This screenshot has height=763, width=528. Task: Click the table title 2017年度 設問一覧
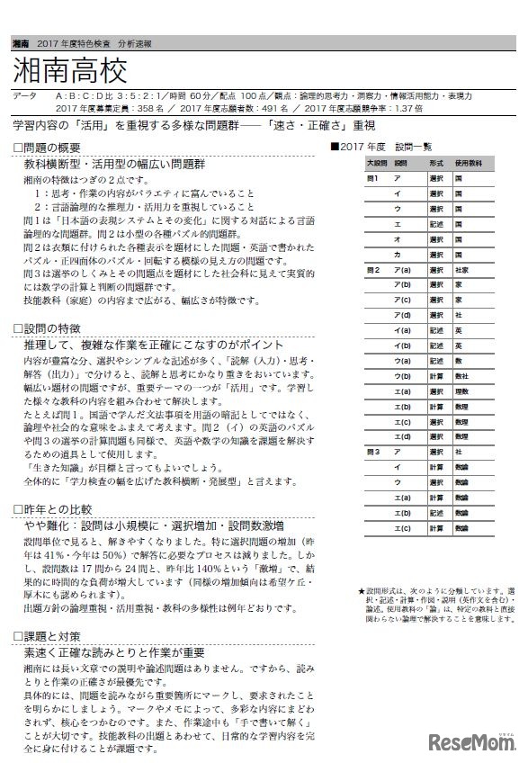coord(387,146)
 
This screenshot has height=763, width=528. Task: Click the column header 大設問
coord(376,164)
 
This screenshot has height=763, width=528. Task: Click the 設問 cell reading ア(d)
coord(402,315)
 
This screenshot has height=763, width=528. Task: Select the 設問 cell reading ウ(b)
coord(402,375)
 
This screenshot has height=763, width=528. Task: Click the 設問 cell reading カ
coord(398,254)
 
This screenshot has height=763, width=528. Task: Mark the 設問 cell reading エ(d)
coord(402,435)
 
